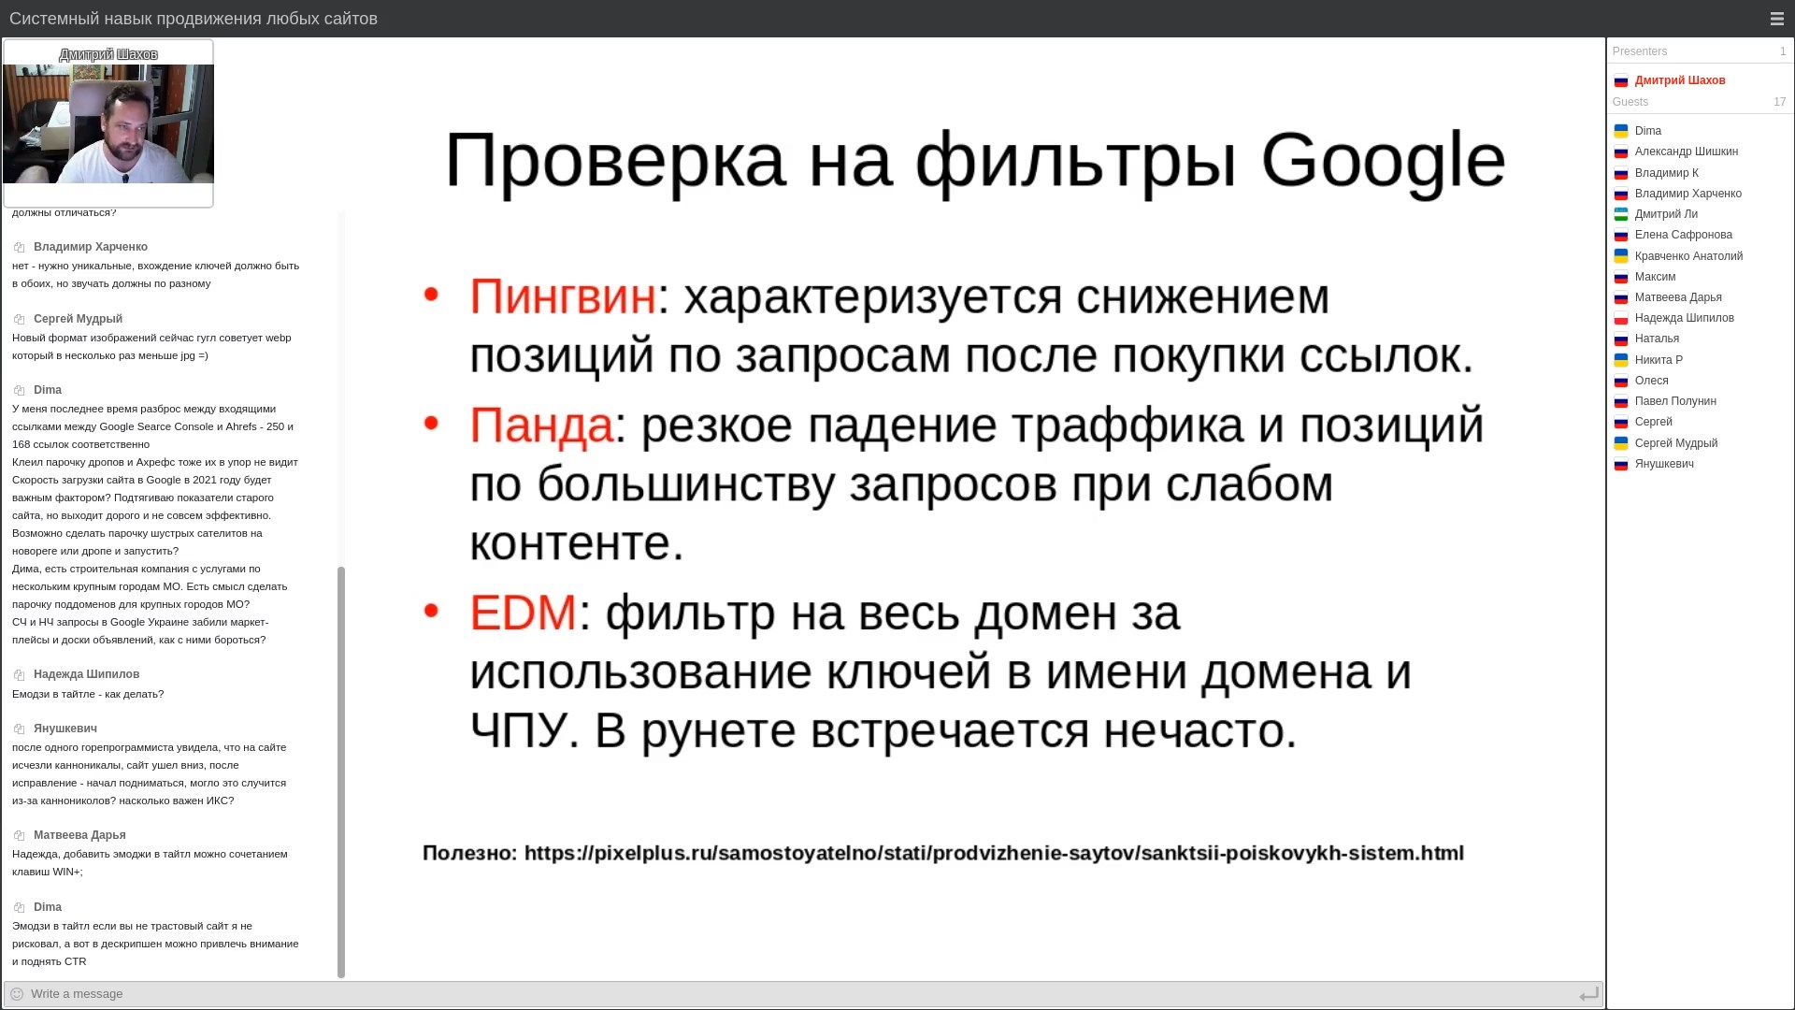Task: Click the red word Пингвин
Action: coord(563,296)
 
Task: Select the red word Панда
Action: coord(541,426)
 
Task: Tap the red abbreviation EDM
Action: coord(523,613)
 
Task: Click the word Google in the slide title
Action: coord(1383,162)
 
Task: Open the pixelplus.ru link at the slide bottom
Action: coord(994,853)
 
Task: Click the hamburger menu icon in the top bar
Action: coord(1777,19)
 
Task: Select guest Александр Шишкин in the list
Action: coord(1687,151)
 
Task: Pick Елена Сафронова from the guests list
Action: coord(1684,235)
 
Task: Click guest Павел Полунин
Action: coord(1675,401)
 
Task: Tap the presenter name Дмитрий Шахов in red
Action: coord(1680,80)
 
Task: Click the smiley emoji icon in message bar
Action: coord(17,994)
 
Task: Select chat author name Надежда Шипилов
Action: coord(86,674)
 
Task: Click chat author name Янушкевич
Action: coord(65,729)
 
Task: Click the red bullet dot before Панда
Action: coord(431,423)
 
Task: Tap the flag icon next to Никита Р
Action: coord(1621,360)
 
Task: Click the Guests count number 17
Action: coord(1779,102)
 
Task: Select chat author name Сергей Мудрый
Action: coord(78,319)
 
